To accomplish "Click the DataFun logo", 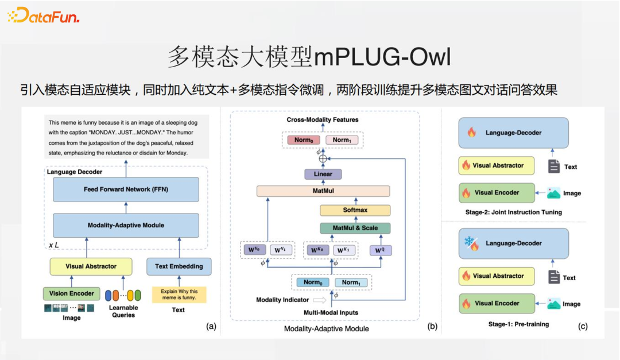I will click(x=43, y=16).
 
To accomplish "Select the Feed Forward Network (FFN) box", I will click(x=126, y=189).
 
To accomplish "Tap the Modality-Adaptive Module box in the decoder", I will click(x=126, y=225).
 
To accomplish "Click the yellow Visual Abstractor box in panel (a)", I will click(x=91, y=266).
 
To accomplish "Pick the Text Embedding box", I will click(x=179, y=266).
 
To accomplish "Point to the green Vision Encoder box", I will click(x=71, y=293).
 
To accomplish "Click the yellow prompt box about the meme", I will click(x=179, y=295).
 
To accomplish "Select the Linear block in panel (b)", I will click(x=323, y=174).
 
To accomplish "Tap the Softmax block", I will click(x=355, y=210).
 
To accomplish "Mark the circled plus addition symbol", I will click(x=323, y=158).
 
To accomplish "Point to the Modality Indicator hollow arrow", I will click(x=319, y=300).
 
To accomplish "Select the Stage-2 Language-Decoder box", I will click(x=513, y=133).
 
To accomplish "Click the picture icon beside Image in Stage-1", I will click(x=553, y=304).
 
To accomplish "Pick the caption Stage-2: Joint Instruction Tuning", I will click(x=514, y=212).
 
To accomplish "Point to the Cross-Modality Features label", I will click(x=323, y=120).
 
